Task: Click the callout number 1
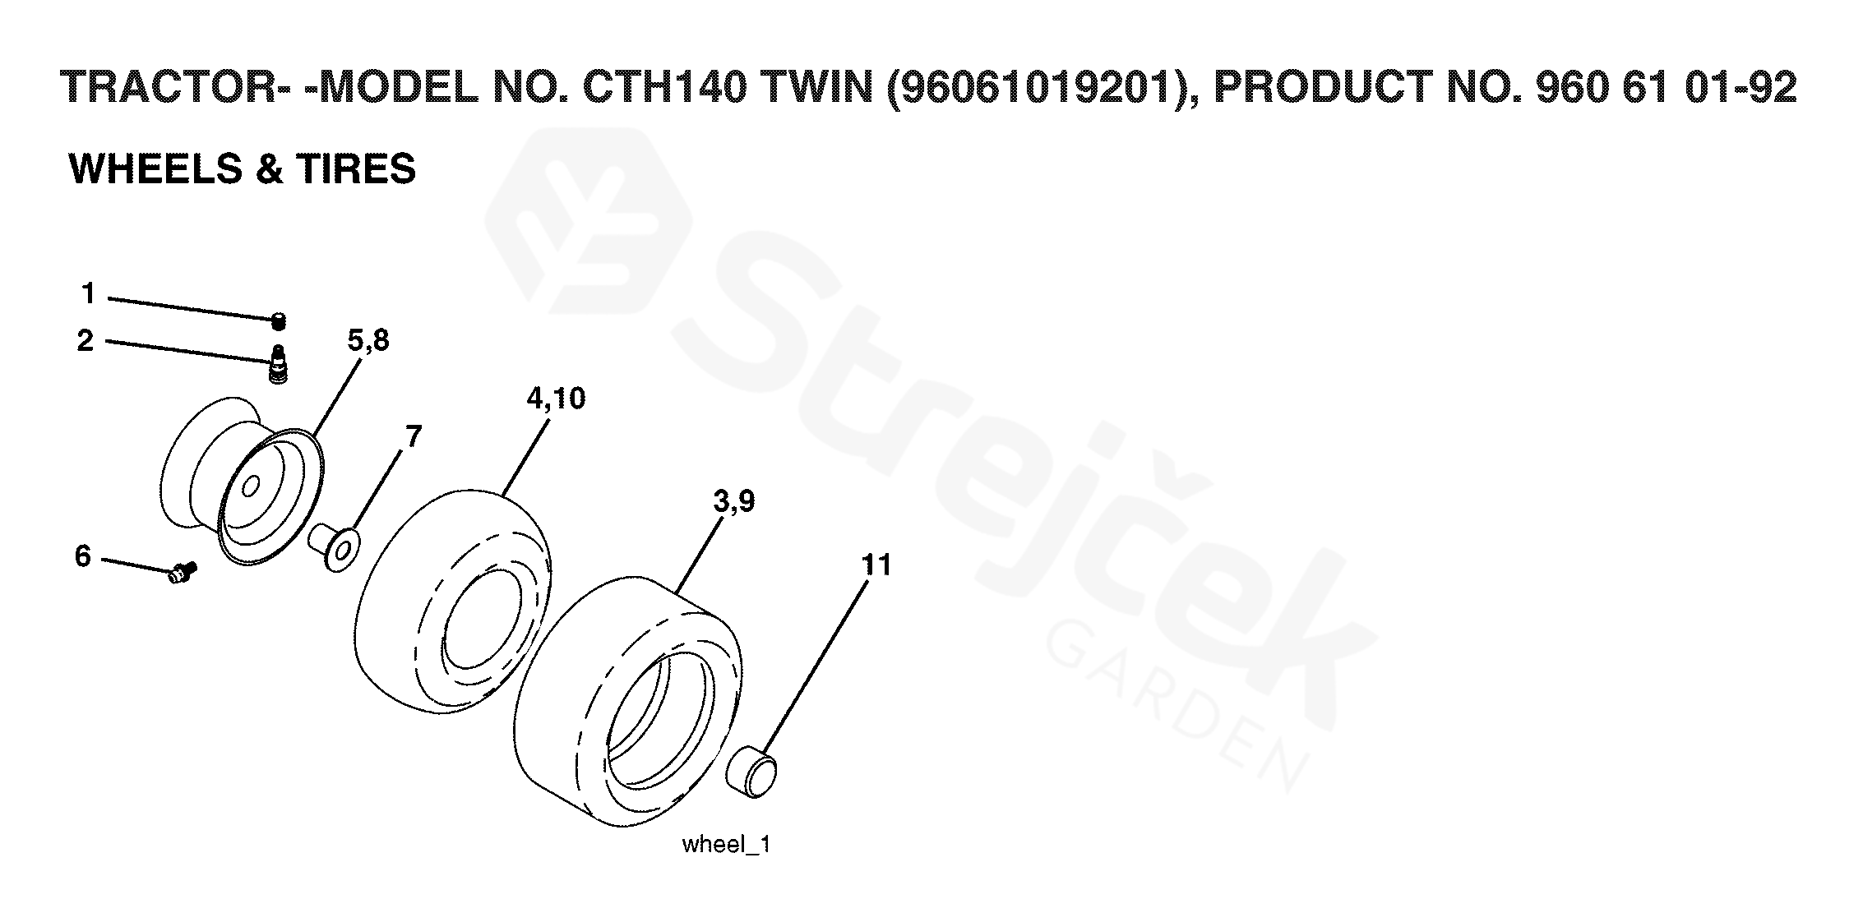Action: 88,293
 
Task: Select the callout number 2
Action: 86,340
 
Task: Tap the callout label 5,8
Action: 368,340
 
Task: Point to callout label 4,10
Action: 556,399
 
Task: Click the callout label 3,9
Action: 734,501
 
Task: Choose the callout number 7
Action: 413,436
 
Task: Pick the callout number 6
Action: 83,556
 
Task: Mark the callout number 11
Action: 876,565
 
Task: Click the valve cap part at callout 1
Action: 279,320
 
